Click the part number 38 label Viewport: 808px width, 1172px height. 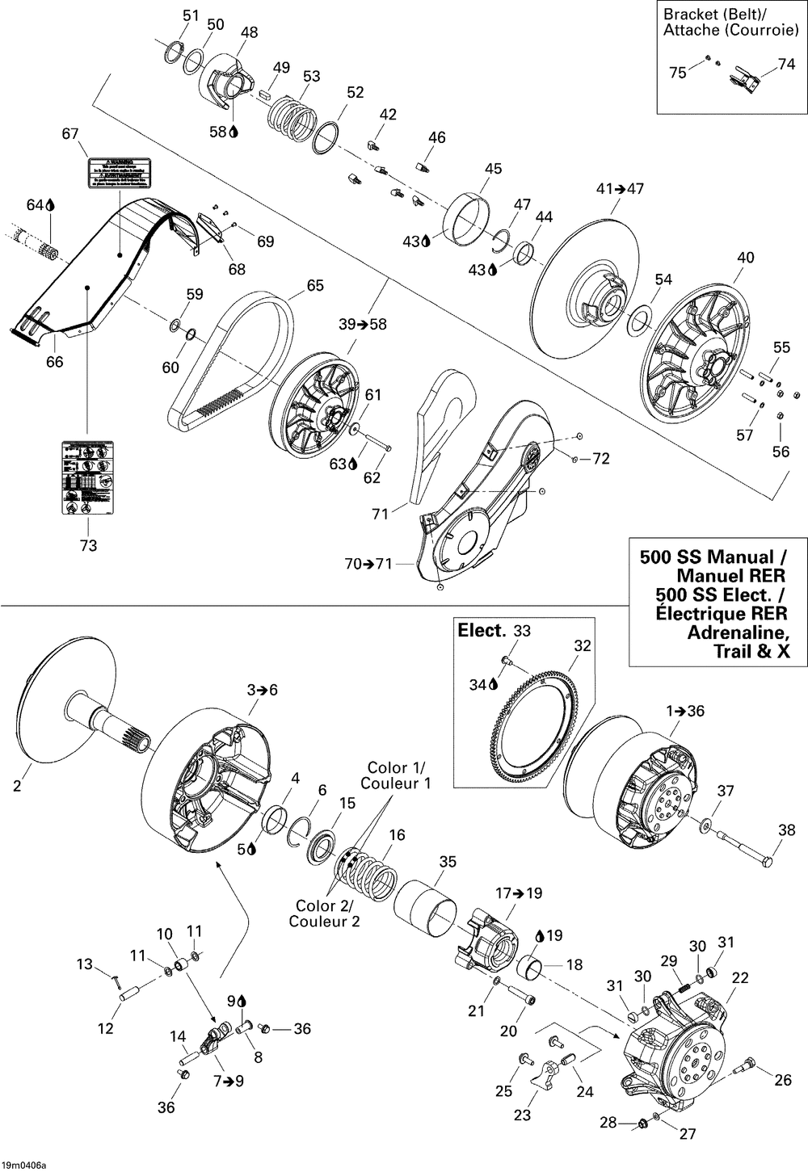coord(786,830)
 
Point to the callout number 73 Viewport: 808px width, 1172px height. coord(88,545)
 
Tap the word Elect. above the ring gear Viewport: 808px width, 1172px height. coord(482,631)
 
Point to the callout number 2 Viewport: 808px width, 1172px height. coord(17,784)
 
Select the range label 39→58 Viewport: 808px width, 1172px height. coord(363,324)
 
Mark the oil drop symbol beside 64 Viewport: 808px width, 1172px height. coord(50,205)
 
